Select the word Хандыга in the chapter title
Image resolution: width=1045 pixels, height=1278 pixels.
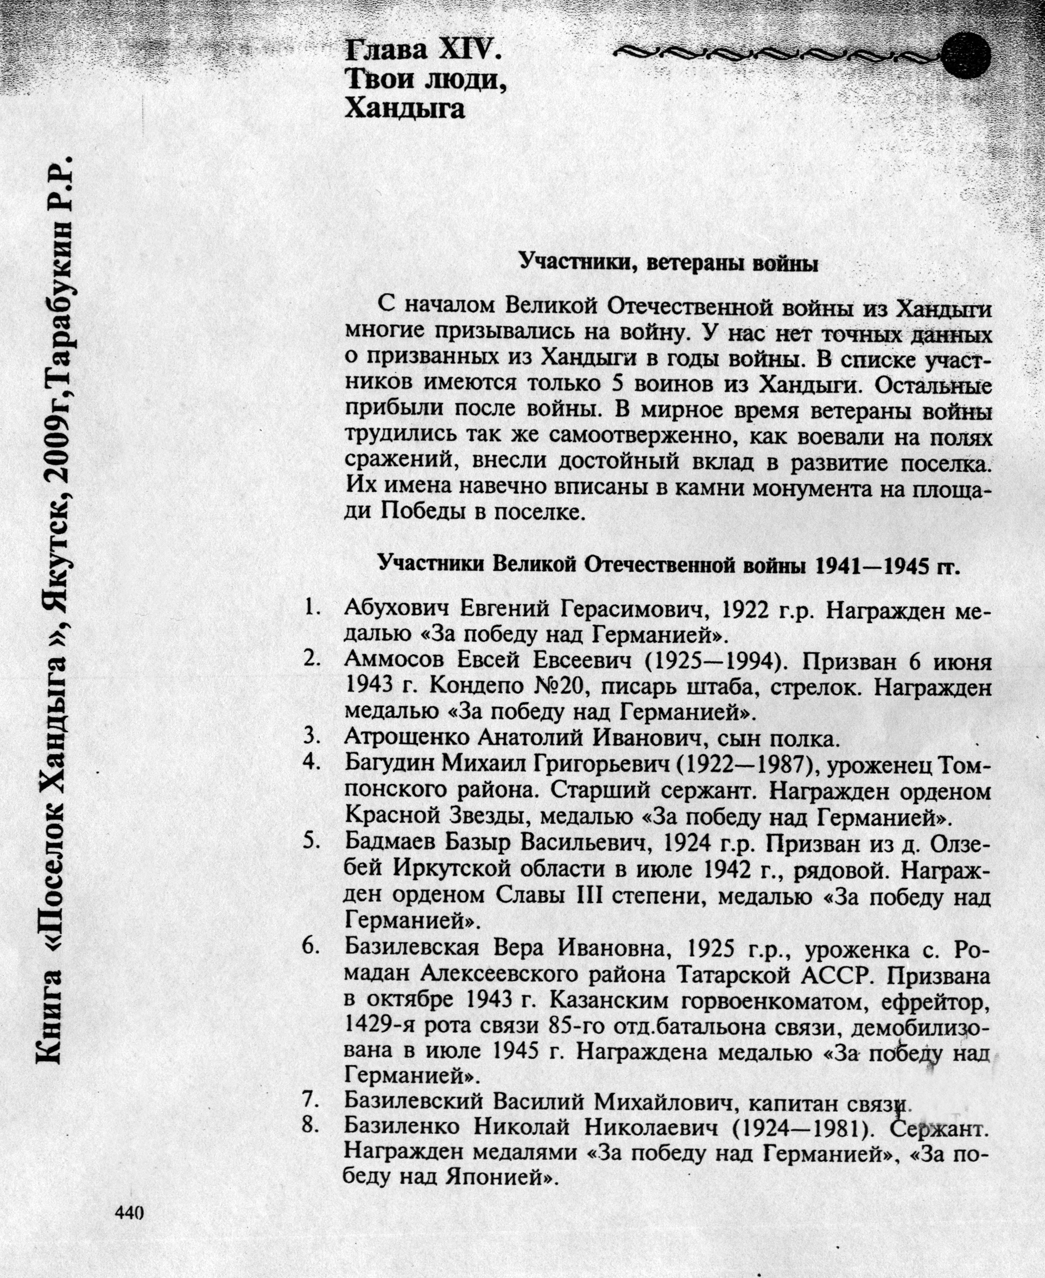[x=404, y=109]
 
